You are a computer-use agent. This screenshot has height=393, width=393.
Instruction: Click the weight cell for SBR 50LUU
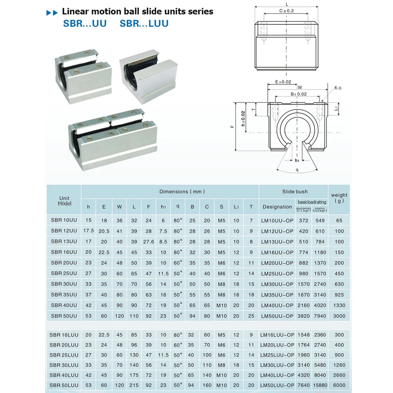339,385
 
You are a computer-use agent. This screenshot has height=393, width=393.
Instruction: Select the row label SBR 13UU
64,241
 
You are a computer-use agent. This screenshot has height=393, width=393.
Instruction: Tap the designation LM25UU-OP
277,273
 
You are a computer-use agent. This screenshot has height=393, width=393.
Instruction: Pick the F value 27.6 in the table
148,242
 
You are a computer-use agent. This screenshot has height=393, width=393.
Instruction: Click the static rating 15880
320,385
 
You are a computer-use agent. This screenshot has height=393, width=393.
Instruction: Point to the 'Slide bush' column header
295,192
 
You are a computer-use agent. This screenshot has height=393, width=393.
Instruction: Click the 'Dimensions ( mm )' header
182,192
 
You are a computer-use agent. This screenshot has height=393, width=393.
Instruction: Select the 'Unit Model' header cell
64,201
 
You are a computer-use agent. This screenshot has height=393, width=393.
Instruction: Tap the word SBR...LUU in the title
144,24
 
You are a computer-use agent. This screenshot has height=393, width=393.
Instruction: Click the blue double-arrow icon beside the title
52,13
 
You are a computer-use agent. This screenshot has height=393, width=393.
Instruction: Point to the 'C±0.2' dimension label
287,11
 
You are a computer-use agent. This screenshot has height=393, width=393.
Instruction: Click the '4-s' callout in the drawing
338,87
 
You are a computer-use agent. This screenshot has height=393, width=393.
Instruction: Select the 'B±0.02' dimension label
299,94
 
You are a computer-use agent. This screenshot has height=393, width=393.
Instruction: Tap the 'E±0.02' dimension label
283,82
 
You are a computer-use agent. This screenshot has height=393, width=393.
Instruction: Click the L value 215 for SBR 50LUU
134,385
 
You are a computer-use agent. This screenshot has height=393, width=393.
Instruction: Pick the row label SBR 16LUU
64,335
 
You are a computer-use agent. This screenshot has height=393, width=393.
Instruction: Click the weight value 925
339,295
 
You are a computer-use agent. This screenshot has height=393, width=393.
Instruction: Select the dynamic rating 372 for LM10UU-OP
303,220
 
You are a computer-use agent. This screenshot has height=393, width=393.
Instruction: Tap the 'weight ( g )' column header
339,198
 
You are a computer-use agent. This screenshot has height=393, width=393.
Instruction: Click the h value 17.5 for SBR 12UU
88,231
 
